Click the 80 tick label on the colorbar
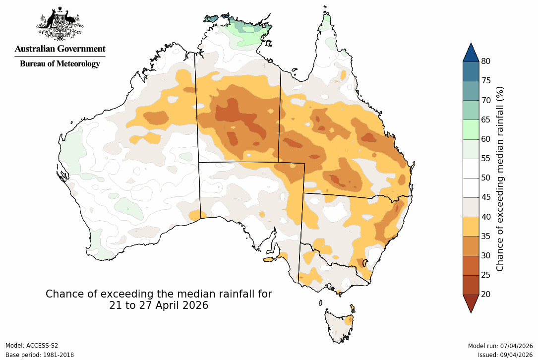485,61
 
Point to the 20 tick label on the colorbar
485,294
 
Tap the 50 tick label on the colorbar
485,178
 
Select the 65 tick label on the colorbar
485,120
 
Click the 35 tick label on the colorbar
485,236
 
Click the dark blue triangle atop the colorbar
471,53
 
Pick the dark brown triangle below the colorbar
471,303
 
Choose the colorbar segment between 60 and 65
471,129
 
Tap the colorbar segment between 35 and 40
471,226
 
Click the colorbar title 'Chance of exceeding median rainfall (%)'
500,178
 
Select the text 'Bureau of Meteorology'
60,63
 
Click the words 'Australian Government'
60,49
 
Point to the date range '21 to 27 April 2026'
159,305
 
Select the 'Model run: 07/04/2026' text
500,346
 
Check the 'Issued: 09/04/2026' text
505,355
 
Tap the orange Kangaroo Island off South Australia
269,259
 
